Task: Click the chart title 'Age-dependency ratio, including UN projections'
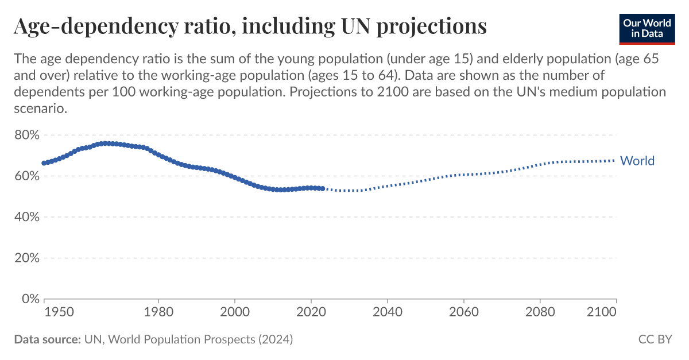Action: coord(250,26)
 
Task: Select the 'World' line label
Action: coord(637,161)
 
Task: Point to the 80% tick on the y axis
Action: coord(27,136)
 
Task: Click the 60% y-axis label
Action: coord(27,176)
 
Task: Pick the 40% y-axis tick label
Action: coord(27,217)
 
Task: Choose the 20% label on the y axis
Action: coord(27,258)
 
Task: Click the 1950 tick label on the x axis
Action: coord(59,312)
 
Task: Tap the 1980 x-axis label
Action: coord(158,312)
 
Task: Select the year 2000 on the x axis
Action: coord(235,312)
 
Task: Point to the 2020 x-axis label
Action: coord(311,312)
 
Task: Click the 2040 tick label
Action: coord(388,312)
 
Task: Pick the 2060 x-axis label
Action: coord(464,312)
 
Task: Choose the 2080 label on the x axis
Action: coord(540,312)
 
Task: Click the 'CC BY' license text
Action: coord(655,339)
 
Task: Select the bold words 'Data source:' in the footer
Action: coord(47,339)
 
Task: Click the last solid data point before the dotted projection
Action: coord(323,188)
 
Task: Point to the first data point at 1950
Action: coord(44,163)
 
